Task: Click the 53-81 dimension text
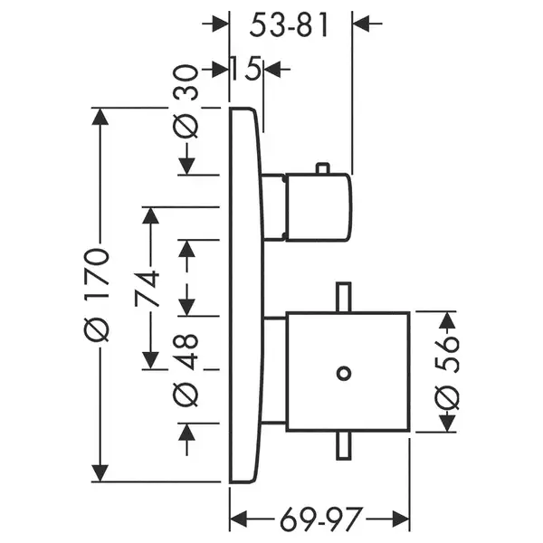289,25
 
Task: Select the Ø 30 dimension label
186,101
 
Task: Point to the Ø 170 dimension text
97,294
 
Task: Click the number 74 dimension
148,290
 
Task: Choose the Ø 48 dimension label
186,370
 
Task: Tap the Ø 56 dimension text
447,374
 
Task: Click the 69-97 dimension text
320,519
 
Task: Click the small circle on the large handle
344,373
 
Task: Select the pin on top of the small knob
322,168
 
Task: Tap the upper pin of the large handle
344,297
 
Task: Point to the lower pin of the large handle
344,446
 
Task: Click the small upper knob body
318,207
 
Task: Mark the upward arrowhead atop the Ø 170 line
100,117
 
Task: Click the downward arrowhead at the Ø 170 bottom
100,473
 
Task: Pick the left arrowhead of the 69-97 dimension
238,519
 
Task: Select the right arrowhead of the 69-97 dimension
401,519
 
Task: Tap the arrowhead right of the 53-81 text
361,24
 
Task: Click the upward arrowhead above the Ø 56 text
447,320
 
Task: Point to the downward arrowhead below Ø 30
186,167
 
